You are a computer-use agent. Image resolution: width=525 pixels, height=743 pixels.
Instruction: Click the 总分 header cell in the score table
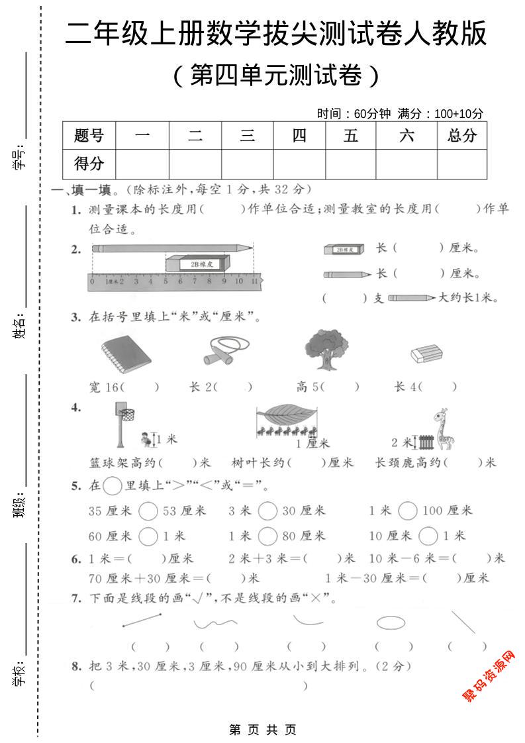click(461, 136)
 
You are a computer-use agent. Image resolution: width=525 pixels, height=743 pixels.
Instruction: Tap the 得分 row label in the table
click(89, 163)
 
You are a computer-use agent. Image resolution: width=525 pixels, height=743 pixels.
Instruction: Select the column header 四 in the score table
click(299, 136)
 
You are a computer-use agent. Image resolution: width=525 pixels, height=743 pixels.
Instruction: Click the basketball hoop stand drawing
click(122, 424)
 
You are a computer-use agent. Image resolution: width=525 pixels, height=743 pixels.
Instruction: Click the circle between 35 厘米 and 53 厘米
click(149, 511)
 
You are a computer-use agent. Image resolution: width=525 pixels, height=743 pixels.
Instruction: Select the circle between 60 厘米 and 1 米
click(149, 536)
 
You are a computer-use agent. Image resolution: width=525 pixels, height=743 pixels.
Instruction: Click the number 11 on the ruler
click(254, 281)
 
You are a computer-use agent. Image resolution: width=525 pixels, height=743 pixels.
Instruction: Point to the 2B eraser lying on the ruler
click(199, 264)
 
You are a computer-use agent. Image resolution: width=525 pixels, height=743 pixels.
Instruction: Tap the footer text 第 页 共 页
click(262, 730)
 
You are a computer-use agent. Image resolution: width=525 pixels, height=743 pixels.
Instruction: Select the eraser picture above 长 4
click(425, 353)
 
